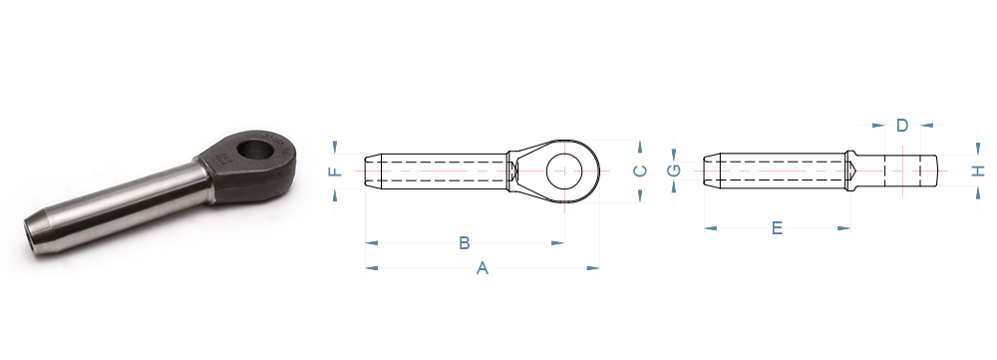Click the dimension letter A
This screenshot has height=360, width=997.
pyautogui.click(x=483, y=268)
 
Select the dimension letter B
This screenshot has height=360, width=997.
pyautogui.click(x=465, y=243)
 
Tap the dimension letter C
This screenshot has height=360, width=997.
pyautogui.click(x=640, y=171)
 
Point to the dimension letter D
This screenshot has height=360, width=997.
pyautogui.click(x=902, y=126)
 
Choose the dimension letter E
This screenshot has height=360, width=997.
pyautogui.click(x=777, y=228)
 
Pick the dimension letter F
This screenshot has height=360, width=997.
pyautogui.click(x=335, y=172)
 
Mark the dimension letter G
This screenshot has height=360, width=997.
pyautogui.click(x=674, y=171)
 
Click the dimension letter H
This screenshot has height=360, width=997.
pyautogui.click(x=979, y=171)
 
